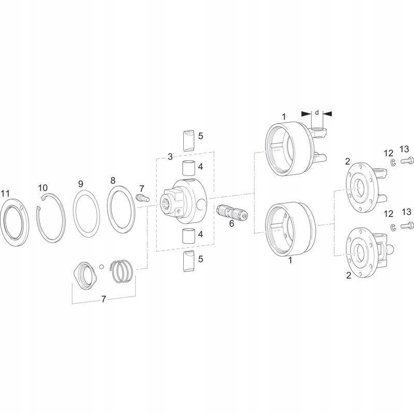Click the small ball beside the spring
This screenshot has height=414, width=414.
103,267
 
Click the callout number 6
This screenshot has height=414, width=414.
231,224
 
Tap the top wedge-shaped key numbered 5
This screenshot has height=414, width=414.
187,139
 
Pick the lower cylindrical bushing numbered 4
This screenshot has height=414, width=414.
187,236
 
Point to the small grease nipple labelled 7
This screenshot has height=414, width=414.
141,198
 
